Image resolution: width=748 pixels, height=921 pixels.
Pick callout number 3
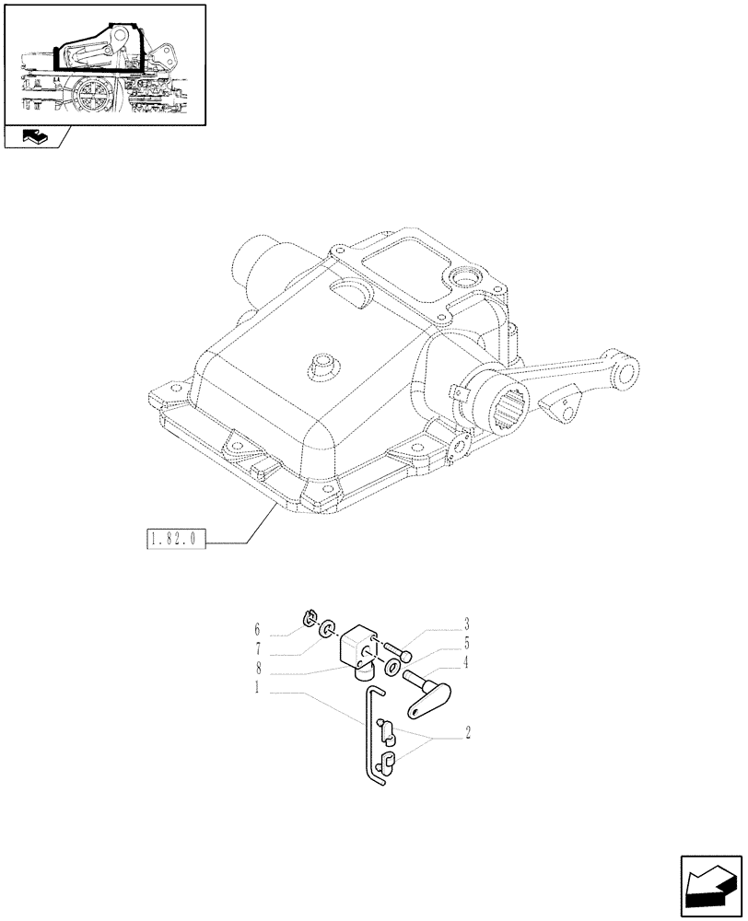(x=467, y=624)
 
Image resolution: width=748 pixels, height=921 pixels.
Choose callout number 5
(x=467, y=642)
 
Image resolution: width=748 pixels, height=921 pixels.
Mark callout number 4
(x=467, y=660)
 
